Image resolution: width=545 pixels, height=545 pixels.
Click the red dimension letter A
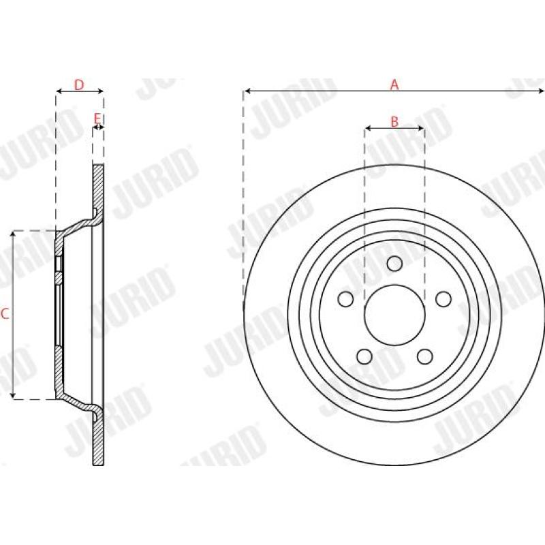(394, 84)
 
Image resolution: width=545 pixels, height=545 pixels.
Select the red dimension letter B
(394, 122)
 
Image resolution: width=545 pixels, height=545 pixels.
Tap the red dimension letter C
(5, 314)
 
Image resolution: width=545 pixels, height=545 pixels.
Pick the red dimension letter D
(79, 84)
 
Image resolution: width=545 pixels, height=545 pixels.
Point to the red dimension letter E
(97, 119)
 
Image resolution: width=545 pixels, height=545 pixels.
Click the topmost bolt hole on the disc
(394, 264)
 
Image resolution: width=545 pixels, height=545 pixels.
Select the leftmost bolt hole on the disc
(345, 299)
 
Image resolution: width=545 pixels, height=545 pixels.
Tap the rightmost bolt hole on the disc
(443, 299)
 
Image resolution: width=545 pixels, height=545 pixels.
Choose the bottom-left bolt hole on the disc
(364, 356)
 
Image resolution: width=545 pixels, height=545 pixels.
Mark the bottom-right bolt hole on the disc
(425, 356)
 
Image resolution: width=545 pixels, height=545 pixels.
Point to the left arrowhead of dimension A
(247, 90)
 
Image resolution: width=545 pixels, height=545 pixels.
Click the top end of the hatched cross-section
(98, 167)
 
